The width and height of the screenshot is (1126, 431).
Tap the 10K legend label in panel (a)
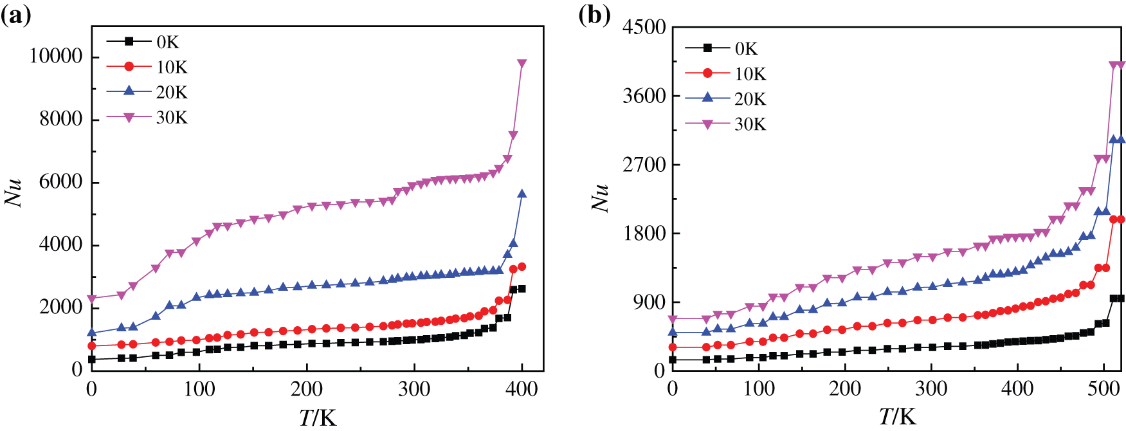[171, 68]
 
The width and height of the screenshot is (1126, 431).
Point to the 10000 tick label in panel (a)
[57, 57]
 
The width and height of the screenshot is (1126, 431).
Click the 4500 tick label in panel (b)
[644, 27]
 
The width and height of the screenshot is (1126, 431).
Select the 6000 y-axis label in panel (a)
[61, 182]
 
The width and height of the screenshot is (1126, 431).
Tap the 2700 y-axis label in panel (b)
[644, 165]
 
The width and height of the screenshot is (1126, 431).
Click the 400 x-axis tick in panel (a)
[522, 389]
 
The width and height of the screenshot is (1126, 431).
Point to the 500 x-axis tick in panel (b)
[1103, 389]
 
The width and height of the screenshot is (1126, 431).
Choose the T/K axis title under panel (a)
[318, 417]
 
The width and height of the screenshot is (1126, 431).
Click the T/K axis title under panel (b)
[897, 417]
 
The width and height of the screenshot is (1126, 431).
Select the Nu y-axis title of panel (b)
[599, 197]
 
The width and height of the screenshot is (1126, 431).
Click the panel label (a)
[15, 15]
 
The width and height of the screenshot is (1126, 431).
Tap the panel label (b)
[594, 15]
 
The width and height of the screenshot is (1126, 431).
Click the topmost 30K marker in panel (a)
[522, 64]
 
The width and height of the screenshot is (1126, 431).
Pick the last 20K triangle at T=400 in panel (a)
[522, 194]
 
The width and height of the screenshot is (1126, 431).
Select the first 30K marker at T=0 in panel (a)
[92, 299]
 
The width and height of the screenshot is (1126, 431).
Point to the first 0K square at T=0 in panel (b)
[673, 360]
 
